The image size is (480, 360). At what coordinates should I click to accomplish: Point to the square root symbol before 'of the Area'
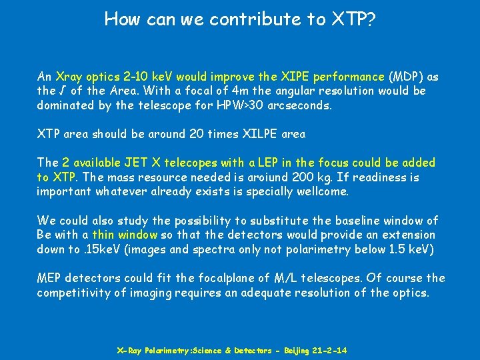61,91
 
